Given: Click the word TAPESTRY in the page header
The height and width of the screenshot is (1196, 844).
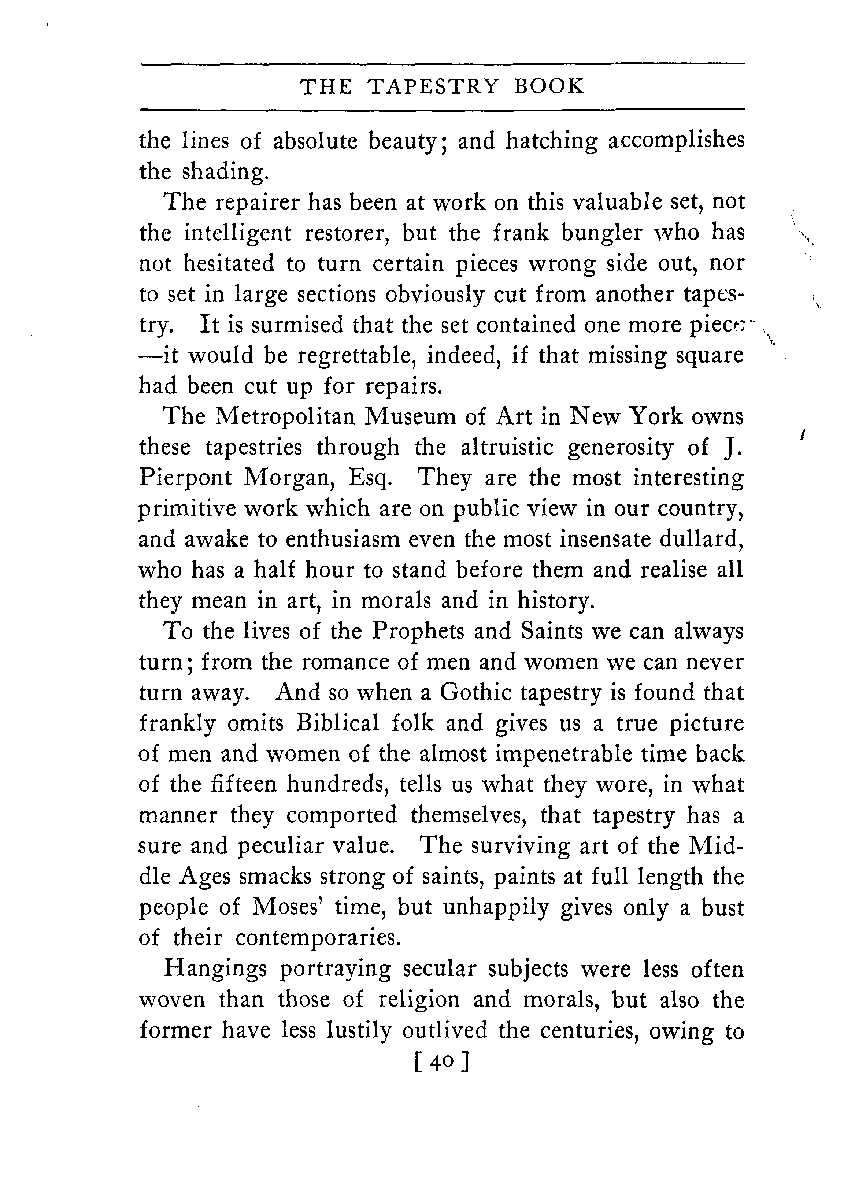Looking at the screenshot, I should (x=433, y=86).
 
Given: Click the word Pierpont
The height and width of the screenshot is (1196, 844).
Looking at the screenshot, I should (x=185, y=478).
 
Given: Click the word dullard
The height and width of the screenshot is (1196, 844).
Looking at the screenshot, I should (x=701, y=540).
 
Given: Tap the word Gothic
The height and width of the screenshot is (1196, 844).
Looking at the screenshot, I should (x=476, y=693).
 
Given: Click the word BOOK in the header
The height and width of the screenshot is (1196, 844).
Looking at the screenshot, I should (x=549, y=86).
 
